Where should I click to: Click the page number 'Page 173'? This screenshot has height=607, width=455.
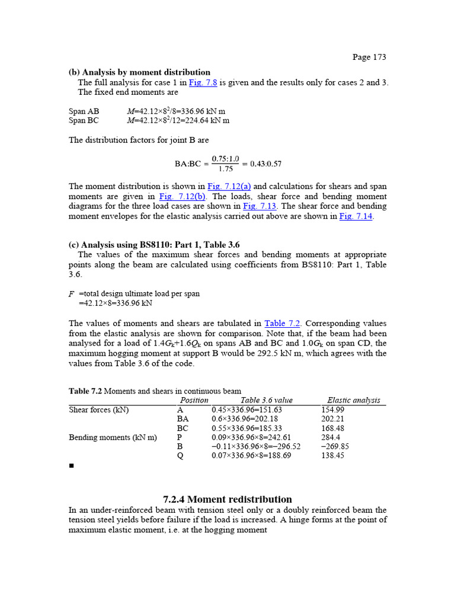(x=369, y=57)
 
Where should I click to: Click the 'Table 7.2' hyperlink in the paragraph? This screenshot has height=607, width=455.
(x=283, y=323)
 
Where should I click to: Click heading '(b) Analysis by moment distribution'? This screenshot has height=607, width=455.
(x=139, y=72)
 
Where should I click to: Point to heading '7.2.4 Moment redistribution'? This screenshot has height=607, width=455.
(x=227, y=499)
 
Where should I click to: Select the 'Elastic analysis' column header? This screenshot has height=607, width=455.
(x=354, y=400)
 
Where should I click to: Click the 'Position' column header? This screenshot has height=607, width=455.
(x=194, y=400)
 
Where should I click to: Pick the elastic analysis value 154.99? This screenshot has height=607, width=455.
(x=333, y=410)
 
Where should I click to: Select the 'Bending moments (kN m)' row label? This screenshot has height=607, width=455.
(x=113, y=437)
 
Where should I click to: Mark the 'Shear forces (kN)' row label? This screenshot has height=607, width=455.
(x=99, y=410)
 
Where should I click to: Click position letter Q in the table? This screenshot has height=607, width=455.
(x=180, y=456)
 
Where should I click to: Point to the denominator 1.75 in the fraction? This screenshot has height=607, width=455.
(x=225, y=169)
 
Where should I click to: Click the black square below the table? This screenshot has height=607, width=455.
(x=71, y=467)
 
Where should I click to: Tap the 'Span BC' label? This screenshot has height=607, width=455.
(x=84, y=120)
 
